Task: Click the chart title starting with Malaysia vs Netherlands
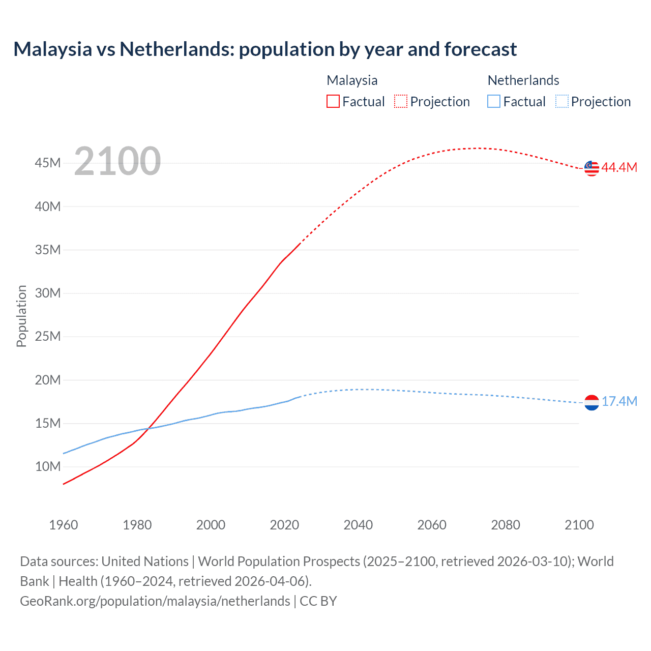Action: coord(265,49)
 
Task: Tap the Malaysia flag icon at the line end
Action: coord(591,168)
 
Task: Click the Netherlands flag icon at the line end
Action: coord(591,403)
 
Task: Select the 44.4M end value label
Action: coord(619,168)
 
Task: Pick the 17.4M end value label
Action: coord(619,402)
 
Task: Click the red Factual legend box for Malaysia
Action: coord(333,102)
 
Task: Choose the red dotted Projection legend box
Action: coord(401,102)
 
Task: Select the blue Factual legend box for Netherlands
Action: coord(494,102)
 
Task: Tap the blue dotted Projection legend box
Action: coord(562,102)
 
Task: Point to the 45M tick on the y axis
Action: coord(48,163)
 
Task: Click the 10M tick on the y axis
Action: coord(48,467)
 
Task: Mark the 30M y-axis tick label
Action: coord(48,293)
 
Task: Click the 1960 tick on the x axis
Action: coord(64,525)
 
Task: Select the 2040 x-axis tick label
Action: coord(358,525)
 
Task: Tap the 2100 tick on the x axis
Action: coord(579,525)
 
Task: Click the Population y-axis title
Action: coord(21,316)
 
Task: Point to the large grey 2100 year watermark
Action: coord(117,162)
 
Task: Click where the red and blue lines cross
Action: coord(148,429)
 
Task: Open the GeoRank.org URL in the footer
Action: coord(155,601)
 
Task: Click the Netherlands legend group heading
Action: coord(523,80)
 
